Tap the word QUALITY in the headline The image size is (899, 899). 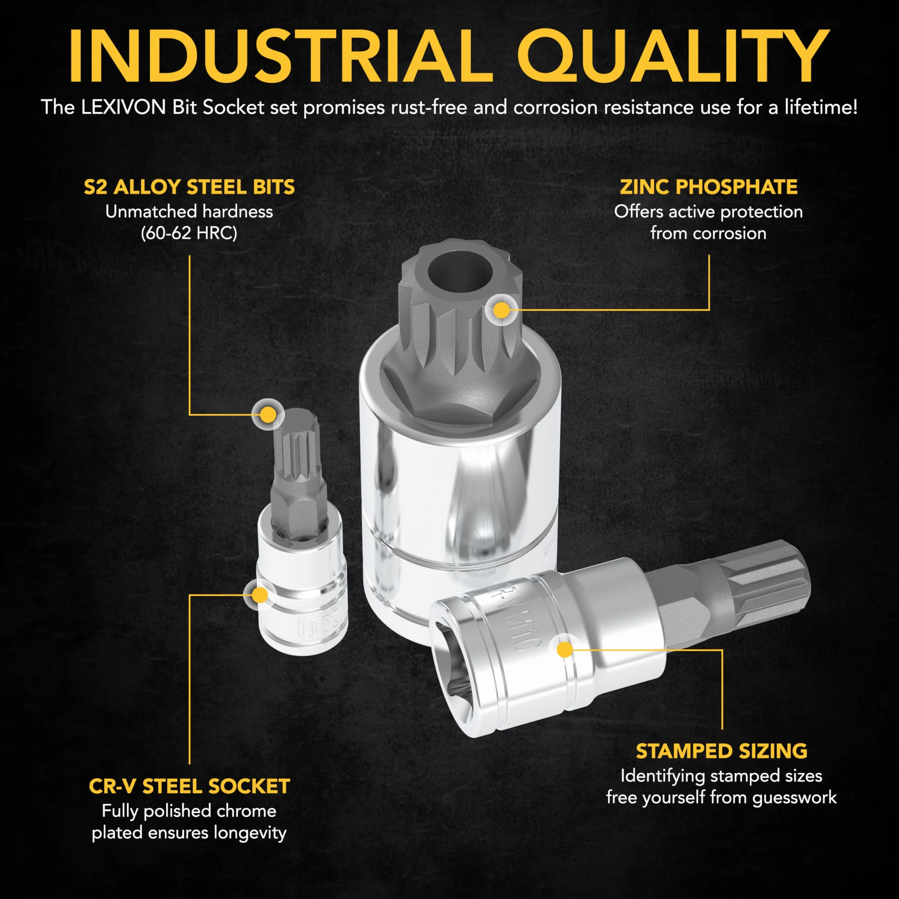[x=673, y=57]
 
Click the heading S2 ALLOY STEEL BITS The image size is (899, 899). [x=189, y=187]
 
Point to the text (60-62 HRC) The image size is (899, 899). [x=189, y=233]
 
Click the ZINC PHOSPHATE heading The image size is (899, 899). [x=709, y=187]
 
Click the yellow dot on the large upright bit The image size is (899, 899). [x=501, y=310]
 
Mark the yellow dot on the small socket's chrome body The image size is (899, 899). [x=260, y=595]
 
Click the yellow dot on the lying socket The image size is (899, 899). [x=565, y=650]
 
